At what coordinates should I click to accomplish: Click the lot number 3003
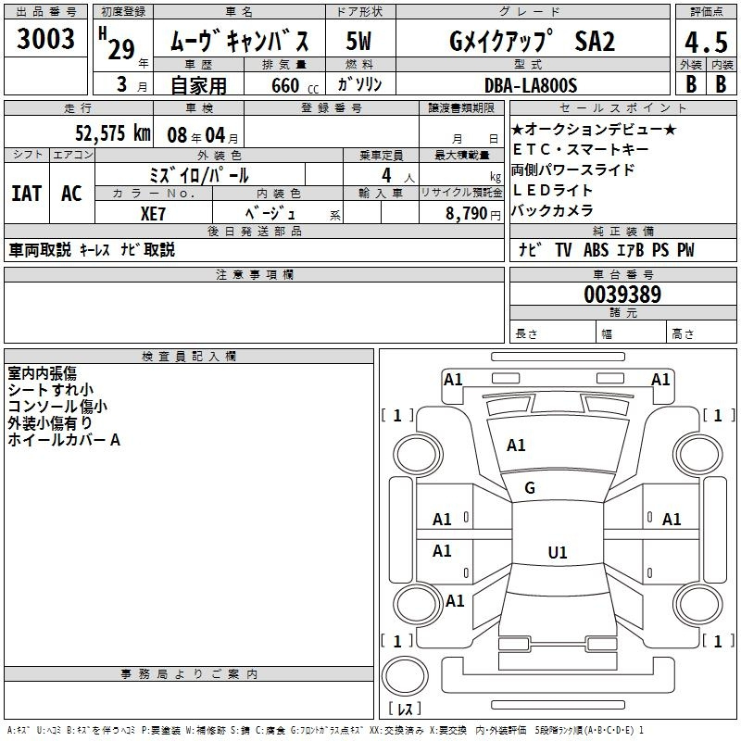click(45, 39)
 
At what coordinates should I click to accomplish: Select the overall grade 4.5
click(706, 42)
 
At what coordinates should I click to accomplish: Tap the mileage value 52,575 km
click(113, 133)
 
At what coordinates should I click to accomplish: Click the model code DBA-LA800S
click(531, 85)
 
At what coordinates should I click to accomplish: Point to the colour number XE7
click(153, 214)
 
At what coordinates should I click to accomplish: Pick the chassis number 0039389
click(622, 295)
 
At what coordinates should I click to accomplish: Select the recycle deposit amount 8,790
click(466, 214)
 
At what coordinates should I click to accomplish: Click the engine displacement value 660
click(285, 85)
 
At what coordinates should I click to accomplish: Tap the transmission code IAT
click(27, 194)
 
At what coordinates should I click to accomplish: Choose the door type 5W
click(358, 41)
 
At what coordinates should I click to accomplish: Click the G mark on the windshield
click(530, 488)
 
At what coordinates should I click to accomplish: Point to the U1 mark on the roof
click(558, 552)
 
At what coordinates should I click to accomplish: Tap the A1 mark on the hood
click(516, 446)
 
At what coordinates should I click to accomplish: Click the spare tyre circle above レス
click(405, 675)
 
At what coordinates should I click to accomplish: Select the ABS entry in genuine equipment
click(596, 250)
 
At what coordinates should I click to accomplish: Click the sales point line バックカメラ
click(552, 210)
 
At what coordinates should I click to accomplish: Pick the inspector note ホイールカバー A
click(64, 440)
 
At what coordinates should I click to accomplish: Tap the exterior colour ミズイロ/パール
click(199, 175)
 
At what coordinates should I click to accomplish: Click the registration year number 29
click(121, 49)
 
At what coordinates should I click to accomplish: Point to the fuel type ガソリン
click(359, 84)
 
